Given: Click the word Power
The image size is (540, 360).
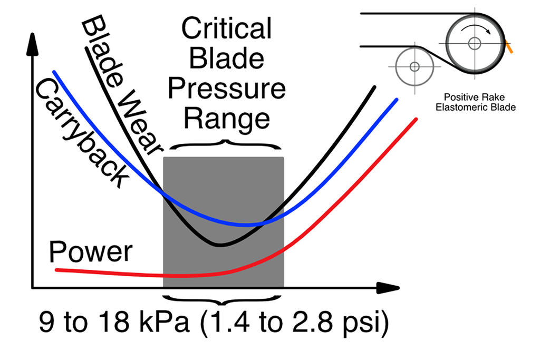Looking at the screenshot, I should (90, 252).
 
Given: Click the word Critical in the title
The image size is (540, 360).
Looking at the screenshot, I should (226, 29).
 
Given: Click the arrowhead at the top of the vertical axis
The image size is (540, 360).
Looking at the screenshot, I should (33, 43).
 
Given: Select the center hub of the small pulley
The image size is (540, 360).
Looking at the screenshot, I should (414, 66).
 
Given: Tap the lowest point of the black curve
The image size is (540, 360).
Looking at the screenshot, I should (221, 245).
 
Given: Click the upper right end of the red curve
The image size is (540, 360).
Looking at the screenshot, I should (416, 119).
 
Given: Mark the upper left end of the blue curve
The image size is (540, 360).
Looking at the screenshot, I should (53, 71).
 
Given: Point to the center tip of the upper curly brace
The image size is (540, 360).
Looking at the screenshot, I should (226, 141).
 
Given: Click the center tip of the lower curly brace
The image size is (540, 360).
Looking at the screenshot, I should (226, 304).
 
